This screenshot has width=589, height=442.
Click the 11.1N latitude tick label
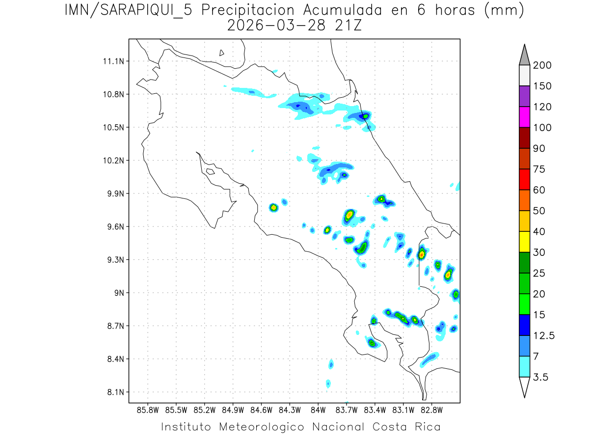tap(112, 61)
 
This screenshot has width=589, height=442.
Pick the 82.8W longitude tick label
tap(431, 410)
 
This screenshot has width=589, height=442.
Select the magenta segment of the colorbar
tap(524, 117)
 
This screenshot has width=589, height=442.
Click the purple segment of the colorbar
tap(524, 96)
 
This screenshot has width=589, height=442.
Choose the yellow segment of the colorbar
tap(524, 242)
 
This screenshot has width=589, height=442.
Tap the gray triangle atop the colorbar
tap(524, 55)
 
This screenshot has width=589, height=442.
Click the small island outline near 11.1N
tap(222, 53)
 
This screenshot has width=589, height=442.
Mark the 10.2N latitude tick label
tap(112, 161)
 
